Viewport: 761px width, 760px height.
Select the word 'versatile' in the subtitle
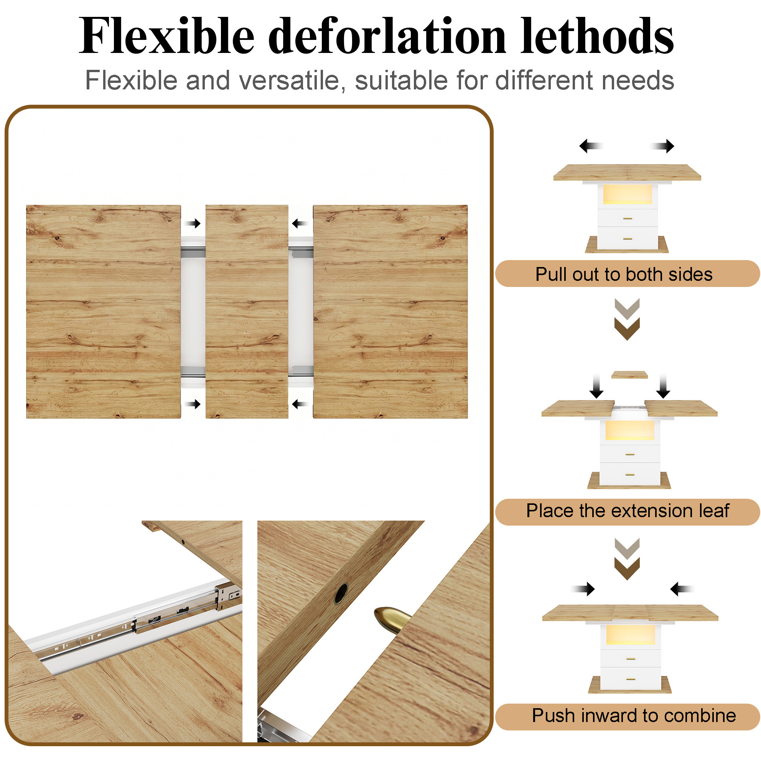point(289,80)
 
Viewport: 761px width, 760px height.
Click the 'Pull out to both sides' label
point(624,274)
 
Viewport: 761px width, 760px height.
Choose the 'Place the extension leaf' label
point(628,511)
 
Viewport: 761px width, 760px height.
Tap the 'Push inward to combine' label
point(634,715)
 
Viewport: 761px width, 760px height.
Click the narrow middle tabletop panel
point(247,311)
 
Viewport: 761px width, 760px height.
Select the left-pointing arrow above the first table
point(591,146)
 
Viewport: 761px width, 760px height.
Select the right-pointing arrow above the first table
point(662,146)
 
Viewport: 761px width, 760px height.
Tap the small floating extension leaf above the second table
point(629,375)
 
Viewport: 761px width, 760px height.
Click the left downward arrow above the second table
point(596,386)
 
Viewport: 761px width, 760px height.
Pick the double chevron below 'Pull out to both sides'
point(627,319)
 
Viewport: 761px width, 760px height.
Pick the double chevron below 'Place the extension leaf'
point(627,559)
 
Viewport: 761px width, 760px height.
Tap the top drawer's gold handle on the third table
point(631,658)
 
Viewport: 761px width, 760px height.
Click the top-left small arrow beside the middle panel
point(193,223)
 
